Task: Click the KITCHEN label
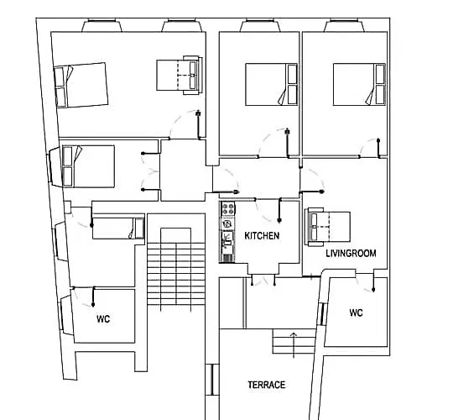pyautogui.click(x=262, y=236)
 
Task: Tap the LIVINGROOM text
pyautogui.click(x=351, y=254)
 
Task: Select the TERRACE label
pyautogui.click(x=267, y=385)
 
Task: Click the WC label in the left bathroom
pyautogui.click(x=103, y=318)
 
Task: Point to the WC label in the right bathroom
pyautogui.click(x=356, y=312)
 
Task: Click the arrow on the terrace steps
pyautogui.click(x=294, y=345)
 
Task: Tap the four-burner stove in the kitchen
pyautogui.click(x=228, y=209)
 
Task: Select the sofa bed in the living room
pyautogui.click(x=328, y=227)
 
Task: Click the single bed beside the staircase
pyautogui.click(x=118, y=228)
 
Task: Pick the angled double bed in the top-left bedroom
pyautogui.click(x=81, y=85)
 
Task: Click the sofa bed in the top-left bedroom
pyautogui.click(x=180, y=75)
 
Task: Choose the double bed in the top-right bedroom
pyautogui.click(x=359, y=85)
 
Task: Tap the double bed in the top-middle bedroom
pyautogui.click(x=271, y=85)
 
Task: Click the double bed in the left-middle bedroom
pyautogui.click(x=88, y=166)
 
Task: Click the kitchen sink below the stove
pyautogui.click(x=227, y=239)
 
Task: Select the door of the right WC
pyautogui.click(x=365, y=281)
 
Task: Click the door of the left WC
pyautogui.click(x=83, y=297)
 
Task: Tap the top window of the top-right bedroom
pyautogui.click(x=344, y=25)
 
